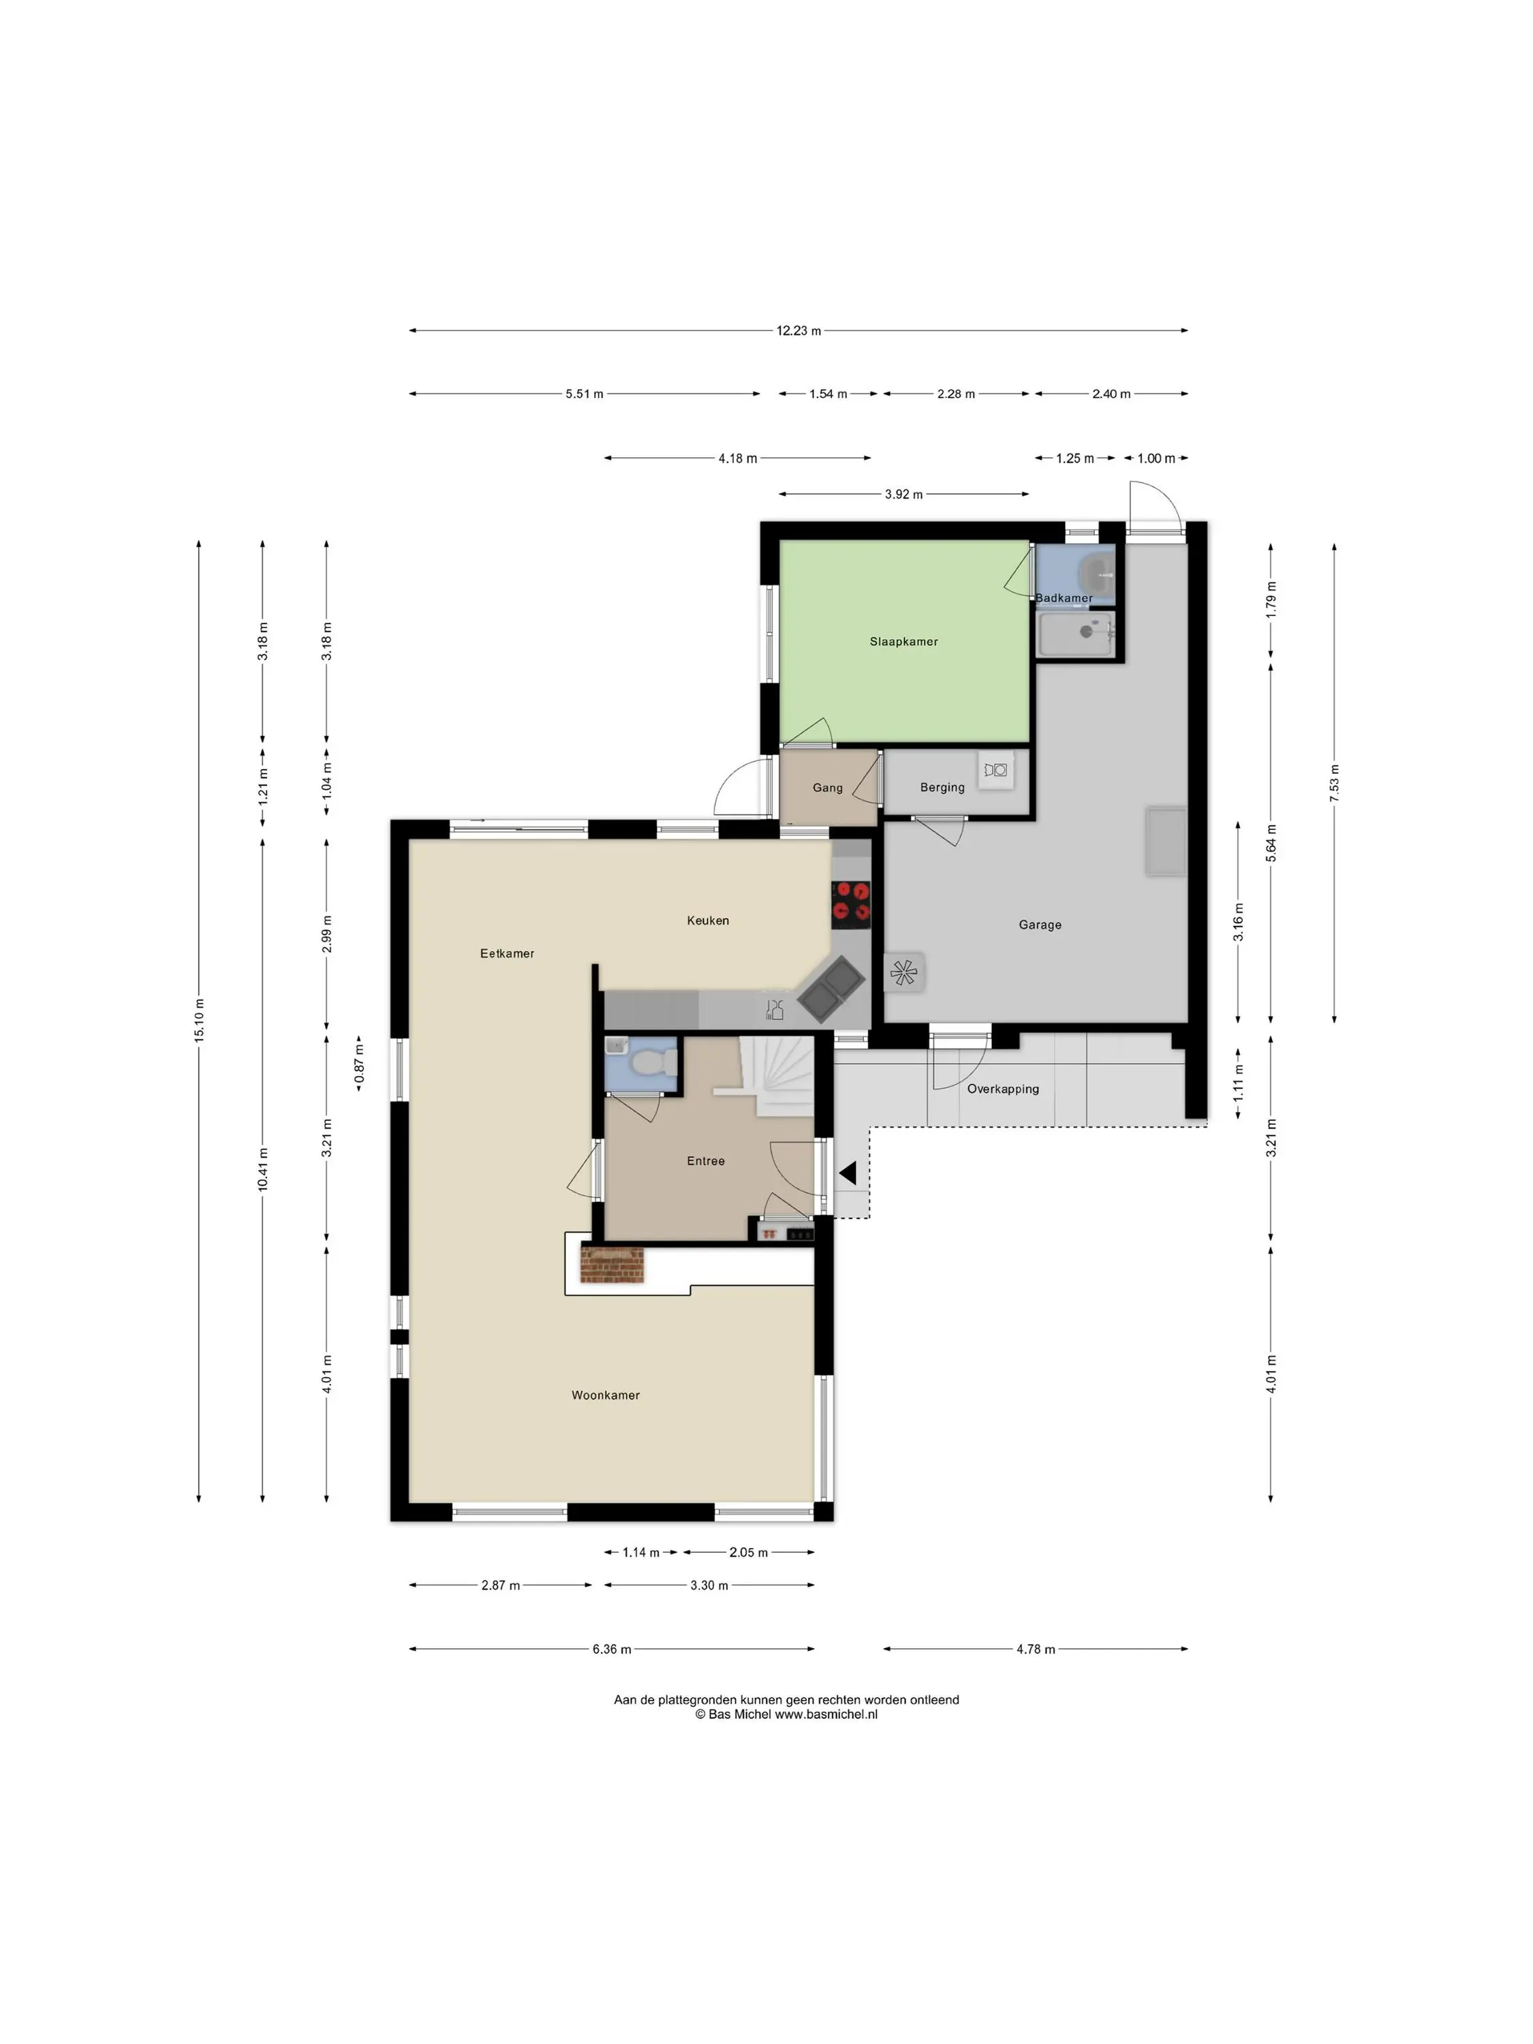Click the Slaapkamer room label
(903, 641)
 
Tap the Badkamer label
(1063, 598)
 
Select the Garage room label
(1040, 925)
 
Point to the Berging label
(942, 788)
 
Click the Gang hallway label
(827, 788)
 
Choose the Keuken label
(708, 920)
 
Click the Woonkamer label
(605, 1395)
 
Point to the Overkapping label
(1003, 1089)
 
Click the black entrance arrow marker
(848, 1173)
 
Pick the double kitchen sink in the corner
(832, 989)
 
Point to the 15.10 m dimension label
(199, 1020)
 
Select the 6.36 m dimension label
(612, 1650)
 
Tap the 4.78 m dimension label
(1035, 1650)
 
